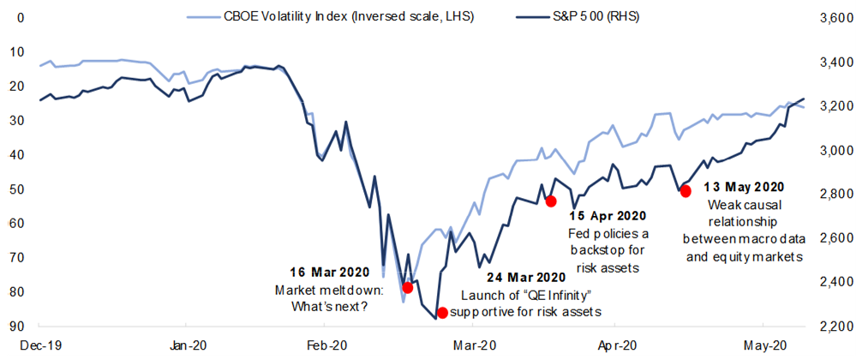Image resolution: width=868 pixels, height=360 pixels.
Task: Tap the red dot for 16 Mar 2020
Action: (408, 287)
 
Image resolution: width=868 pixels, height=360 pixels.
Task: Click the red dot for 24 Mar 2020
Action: (442, 313)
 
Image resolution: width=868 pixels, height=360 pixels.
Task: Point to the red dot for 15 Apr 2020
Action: (551, 201)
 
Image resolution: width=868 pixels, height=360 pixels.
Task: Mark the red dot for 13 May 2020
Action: (685, 191)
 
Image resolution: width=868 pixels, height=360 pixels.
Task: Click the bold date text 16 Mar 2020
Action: (323, 272)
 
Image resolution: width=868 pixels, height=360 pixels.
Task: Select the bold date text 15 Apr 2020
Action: (608, 216)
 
